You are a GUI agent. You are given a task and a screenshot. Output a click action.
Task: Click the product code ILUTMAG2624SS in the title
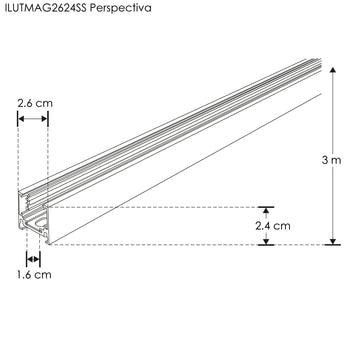(x=46, y=7)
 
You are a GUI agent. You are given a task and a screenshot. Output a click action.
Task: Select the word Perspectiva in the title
(x=121, y=8)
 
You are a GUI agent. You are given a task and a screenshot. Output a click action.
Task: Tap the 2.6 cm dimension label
(x=35, y=103)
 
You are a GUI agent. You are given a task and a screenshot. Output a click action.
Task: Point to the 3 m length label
(x=331, y=160)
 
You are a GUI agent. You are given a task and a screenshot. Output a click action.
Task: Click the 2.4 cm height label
(x=273, y=226)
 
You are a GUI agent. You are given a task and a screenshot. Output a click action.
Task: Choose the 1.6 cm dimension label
(x=34, y=275)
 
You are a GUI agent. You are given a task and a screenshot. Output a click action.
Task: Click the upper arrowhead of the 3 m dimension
(x=333, y=70)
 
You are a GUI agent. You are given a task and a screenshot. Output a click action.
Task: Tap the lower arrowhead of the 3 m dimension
(x=333, y=241)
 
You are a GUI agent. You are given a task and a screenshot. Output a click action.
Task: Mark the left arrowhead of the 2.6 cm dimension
(x=21, y=119)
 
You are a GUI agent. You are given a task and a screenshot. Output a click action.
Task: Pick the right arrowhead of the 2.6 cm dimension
(x=44, y=119)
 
